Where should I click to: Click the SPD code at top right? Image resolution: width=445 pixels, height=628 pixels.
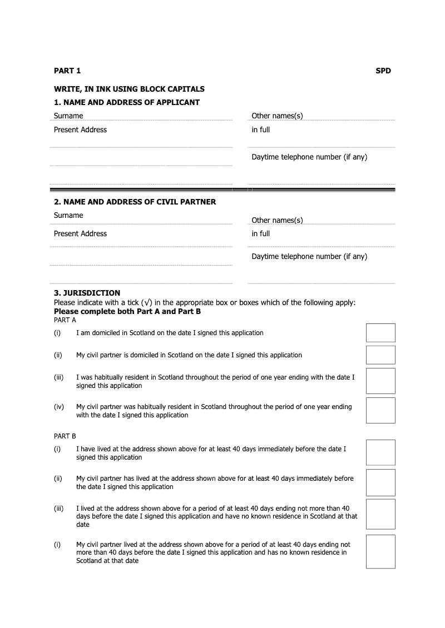(x=383, y=71)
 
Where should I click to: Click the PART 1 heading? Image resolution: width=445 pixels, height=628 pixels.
(x=67, y=71)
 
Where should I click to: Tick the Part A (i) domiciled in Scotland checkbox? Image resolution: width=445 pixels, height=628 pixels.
(x=380, y=333)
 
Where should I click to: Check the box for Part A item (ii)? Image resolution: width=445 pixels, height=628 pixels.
(x=380, y=355)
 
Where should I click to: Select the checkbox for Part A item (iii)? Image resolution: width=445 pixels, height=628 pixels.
(x=380, y=381)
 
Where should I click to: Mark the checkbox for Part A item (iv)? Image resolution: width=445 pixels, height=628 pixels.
(x=380, y=410)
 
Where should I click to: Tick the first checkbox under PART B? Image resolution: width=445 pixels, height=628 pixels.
(x=380, y=452)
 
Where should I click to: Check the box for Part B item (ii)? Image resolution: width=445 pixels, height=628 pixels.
(x=380, y=482)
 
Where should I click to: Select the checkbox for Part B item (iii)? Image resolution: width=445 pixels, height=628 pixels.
(x=380, y=514)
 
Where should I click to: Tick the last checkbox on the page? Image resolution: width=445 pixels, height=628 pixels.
(x=380, y=551)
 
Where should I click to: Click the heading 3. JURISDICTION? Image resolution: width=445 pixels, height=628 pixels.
(x=87, y=293)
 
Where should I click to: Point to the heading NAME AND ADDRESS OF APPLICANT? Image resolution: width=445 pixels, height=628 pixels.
(x=127, y=102)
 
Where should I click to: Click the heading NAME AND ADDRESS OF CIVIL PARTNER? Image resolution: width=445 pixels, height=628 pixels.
(x=135, y=202)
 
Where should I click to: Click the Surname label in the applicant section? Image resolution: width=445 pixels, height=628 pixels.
(x=68, y=116)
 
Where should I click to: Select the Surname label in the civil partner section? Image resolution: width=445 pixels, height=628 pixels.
(x=68, y=215)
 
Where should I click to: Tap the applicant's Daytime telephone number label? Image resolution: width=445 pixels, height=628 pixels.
(x=309, y=157)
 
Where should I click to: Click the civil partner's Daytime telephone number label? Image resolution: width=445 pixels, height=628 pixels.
(x=309, y=256)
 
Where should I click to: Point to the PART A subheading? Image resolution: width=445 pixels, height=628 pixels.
(x=65, y=320)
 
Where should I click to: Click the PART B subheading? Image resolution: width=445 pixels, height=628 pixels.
(x=65, y=436)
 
